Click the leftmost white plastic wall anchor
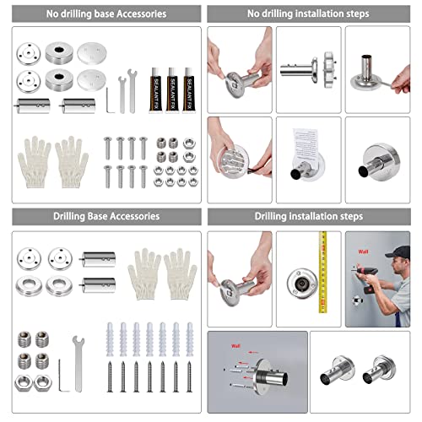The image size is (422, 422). click(111, 338)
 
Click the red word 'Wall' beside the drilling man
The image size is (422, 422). click(365, 251)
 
